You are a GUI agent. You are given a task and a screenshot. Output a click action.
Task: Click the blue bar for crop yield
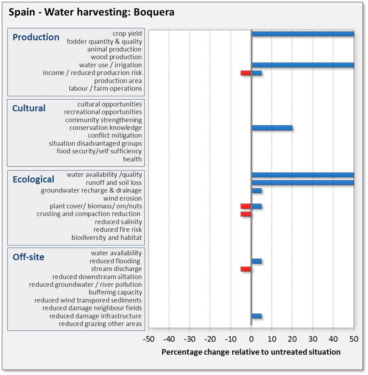[x=303, y=34]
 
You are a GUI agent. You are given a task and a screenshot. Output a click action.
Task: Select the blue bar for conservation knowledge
[x=272, y=128]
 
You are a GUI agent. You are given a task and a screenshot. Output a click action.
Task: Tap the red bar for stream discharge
[x=246, y=269]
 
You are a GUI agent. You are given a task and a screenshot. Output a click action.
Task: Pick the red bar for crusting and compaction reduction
[x=246, y=214]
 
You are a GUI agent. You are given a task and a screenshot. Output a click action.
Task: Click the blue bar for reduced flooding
[x=256, y=261]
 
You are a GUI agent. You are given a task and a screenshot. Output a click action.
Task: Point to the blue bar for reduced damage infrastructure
[x=256, y=316]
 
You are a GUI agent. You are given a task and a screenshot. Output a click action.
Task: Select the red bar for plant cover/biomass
[x=246, y=206]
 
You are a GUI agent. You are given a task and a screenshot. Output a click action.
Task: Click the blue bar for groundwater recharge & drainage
[x=256, y=191]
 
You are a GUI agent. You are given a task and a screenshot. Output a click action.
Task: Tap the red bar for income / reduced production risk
[x=246, y=73]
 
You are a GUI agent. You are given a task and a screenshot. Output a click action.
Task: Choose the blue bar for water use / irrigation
[x=303, y=65]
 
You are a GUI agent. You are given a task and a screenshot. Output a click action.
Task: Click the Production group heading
[x=36, y=37]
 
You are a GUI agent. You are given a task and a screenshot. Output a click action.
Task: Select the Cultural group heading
[x=29, y=108]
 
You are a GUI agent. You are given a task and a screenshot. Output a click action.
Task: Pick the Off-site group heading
[x=28, y=257]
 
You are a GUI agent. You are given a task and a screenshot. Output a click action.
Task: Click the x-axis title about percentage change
[x=251, y=352]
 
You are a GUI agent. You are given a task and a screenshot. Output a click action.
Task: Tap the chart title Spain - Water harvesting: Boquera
[x=91, y=12]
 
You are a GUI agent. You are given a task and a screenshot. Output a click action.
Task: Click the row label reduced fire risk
[x=118, y=230]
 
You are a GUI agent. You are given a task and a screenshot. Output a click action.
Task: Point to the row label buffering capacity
[x=115, y=292]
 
